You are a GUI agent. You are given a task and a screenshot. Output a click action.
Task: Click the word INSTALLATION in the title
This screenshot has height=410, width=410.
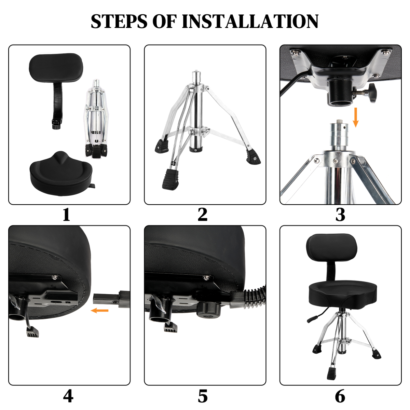tap(250, 21)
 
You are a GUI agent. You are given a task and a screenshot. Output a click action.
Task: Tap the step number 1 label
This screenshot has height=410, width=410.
tap(66, 215)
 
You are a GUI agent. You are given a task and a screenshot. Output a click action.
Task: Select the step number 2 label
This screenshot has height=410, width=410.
tap(203, 215)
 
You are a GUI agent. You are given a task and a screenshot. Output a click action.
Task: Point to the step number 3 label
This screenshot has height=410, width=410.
tap(340, 215)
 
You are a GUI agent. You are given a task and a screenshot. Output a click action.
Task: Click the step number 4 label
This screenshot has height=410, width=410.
tap(68, 396)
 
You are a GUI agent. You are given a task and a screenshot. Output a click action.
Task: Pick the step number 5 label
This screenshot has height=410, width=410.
tap(203, 396)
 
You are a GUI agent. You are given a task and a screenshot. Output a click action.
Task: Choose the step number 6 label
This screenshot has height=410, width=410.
tap(340, 396)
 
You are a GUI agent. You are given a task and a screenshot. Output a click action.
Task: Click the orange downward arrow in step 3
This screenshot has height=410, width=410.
tap(356, 117)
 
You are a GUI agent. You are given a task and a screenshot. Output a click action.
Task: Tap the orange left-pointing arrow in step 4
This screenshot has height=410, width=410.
tap(100, 311)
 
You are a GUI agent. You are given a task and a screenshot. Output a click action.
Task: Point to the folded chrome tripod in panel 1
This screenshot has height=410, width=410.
tap(96, 118)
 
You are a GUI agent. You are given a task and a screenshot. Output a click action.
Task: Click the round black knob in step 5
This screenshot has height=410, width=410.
tap(208, 309)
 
